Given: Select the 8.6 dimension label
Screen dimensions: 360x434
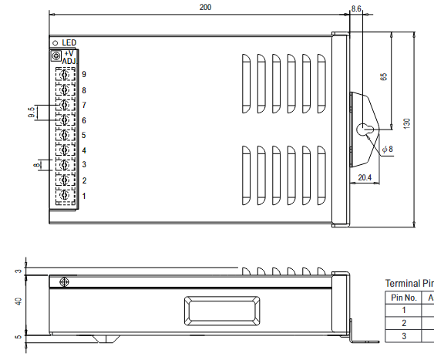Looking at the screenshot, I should (x=356, y=8).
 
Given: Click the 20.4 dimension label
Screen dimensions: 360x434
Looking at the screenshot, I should (x=365, y=178).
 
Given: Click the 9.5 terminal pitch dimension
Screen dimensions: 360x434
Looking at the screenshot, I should (x=32, y=113).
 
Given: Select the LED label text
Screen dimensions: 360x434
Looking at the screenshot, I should (x=69, y=42).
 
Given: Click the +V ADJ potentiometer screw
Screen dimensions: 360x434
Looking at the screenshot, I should (x=56, y=56).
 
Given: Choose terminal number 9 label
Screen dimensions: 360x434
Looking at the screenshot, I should (x=84, y=75).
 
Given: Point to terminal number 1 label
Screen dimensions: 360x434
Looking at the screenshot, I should (x=84, y=196).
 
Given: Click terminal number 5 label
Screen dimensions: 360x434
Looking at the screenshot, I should (x=84, y=136).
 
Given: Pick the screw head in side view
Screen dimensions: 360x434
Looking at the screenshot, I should (x=64, y=283).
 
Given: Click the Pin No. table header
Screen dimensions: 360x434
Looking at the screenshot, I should (x=403, y=298).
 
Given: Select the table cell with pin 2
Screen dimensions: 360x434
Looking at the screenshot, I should (x=403, y=323).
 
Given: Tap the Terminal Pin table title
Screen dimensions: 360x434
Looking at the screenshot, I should (x=409, y=283).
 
